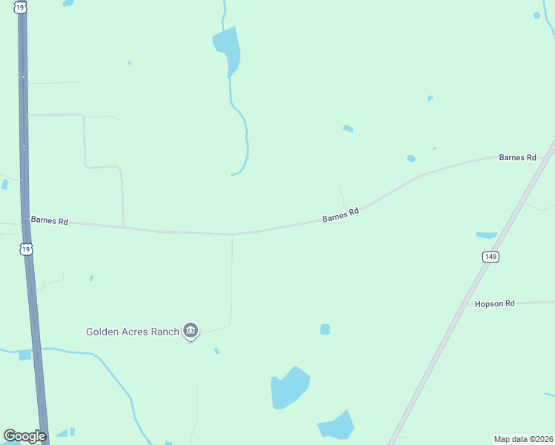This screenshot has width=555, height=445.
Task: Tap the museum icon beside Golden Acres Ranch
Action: coord(191,331)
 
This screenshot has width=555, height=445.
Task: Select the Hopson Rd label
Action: coord(495,304)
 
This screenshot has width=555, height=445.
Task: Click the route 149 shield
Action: coord(490,257)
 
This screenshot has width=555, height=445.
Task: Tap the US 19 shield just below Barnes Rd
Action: coord(27,250)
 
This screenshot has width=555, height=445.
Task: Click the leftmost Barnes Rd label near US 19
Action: coord(49,221)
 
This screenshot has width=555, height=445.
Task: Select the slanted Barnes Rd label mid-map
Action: coord(341,215)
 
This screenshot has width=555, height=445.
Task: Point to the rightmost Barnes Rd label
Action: coord(517,157)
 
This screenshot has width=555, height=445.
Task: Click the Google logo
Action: coord(24,436)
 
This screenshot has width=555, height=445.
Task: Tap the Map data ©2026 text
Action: coord(523,439)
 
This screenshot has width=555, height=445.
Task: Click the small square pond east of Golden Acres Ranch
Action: coord(324,329)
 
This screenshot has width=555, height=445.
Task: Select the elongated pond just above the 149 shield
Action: coord(487,235)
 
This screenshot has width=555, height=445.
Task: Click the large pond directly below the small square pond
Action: coord(289,388)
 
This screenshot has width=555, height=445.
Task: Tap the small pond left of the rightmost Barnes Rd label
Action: coord(411,158)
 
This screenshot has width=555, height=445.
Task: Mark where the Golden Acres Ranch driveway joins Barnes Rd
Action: coord(232,234)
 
